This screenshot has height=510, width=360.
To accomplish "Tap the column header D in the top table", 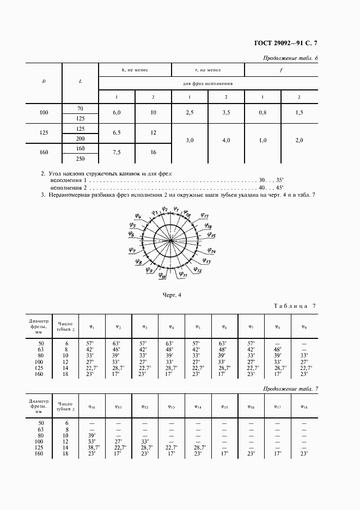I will (44, 81).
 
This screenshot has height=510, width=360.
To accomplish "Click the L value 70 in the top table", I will (80, 107).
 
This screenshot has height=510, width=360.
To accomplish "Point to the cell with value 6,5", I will (116, 133).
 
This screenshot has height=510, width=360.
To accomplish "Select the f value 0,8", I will (263, 112).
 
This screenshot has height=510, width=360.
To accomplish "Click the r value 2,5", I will (189, 112).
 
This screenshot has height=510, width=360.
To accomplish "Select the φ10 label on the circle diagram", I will (162, 277).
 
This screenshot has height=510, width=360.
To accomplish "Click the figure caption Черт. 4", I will (172, 295).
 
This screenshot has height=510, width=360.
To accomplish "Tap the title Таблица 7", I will (293, 306).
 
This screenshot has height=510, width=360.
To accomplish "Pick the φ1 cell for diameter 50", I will (90, 344).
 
